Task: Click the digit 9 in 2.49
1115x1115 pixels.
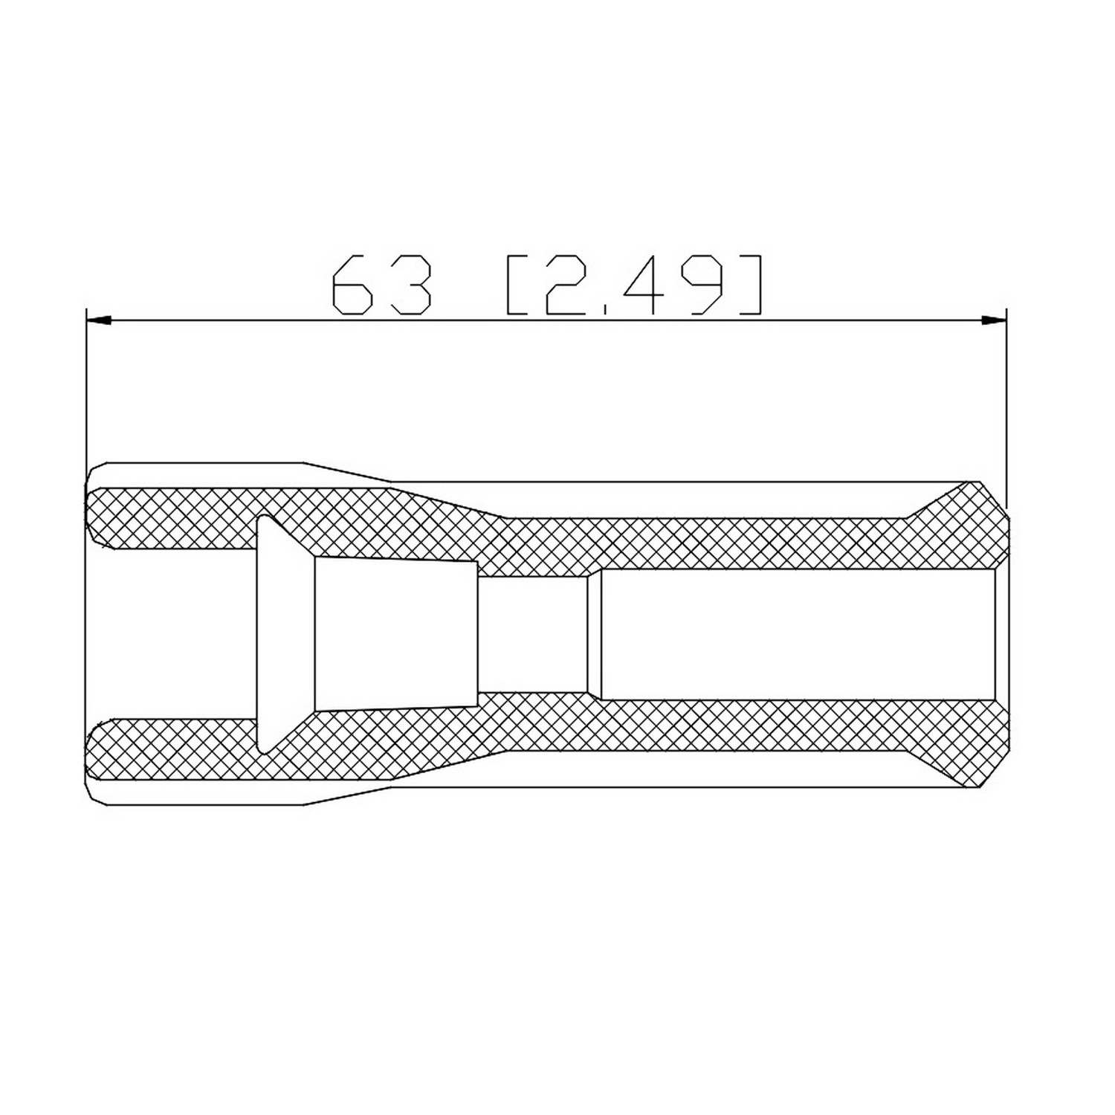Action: tap(703, 285)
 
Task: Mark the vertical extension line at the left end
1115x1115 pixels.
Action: tap(87, 387)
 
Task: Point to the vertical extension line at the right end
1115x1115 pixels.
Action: tap(1006, 401)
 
